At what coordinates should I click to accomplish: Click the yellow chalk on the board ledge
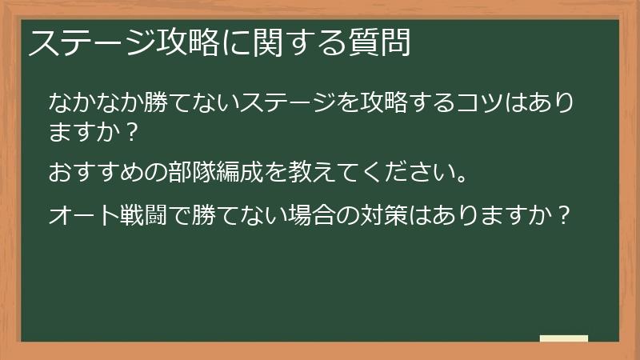point(564,338)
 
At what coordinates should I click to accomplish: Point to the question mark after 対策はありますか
point(564,216)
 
